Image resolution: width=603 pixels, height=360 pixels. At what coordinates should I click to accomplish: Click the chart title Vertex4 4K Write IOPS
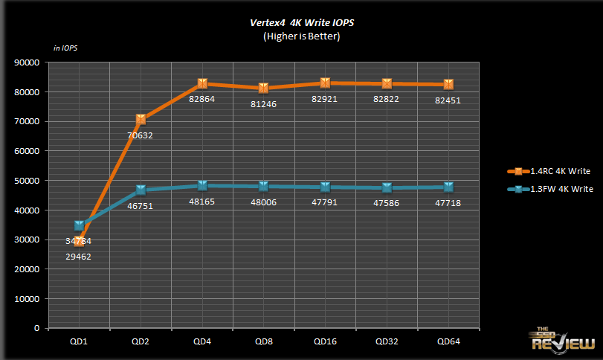point(301,22)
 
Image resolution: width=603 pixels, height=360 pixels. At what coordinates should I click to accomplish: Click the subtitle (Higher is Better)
point(301,35)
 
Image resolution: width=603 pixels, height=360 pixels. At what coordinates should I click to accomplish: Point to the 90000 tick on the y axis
point(26,62)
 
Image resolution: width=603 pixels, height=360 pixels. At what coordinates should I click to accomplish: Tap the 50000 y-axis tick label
point(26,181)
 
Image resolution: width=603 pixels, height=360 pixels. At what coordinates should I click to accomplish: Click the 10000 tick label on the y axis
point(26,299)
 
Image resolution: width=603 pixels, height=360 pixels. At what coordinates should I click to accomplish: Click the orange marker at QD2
point(141,119)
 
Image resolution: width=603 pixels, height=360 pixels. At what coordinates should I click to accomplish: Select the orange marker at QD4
point(202,83)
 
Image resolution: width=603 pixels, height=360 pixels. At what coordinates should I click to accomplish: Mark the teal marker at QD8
point(264,186)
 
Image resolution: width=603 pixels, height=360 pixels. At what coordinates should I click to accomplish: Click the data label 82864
point(202,99)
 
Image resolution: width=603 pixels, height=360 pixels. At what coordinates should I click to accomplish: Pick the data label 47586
point(387,202)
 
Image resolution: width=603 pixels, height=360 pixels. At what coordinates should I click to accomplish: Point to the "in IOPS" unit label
point(65,48)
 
